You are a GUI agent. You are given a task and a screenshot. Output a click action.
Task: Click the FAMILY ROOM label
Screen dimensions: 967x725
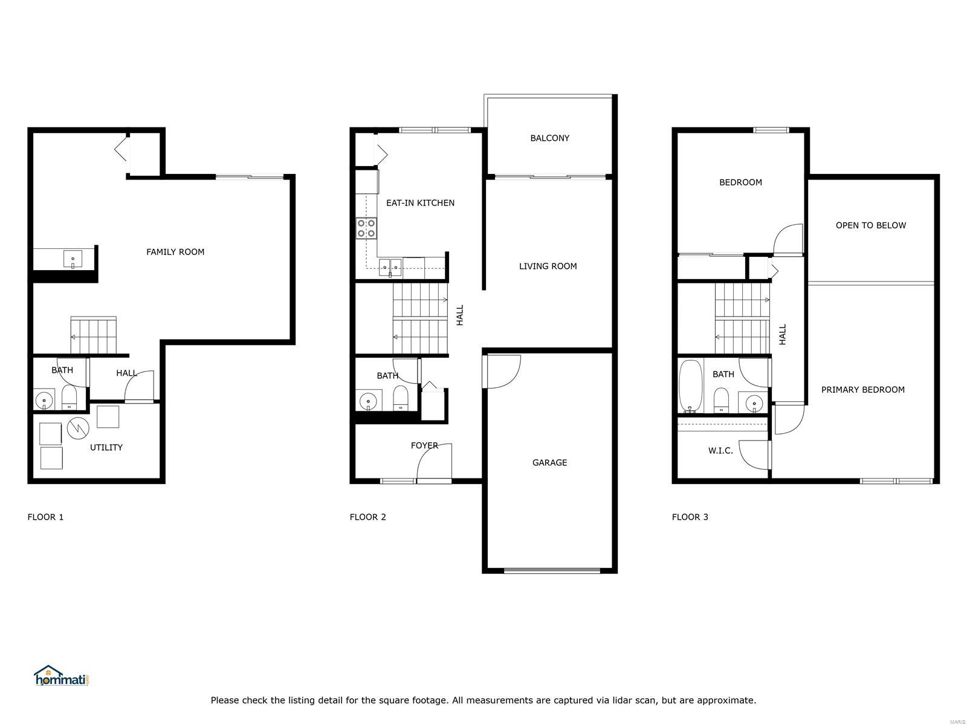175,252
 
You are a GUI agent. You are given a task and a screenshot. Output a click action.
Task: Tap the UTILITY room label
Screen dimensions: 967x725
106,447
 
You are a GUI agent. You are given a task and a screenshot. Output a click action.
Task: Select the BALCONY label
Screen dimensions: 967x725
549,138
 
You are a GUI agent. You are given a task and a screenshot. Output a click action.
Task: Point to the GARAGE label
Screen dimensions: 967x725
549,462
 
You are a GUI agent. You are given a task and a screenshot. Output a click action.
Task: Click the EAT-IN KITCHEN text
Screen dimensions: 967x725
420,203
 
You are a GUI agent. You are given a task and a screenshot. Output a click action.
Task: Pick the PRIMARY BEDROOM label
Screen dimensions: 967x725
862,390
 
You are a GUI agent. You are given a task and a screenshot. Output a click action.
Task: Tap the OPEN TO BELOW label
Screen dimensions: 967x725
870,225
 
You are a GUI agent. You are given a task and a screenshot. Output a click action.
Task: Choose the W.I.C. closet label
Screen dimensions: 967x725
720,450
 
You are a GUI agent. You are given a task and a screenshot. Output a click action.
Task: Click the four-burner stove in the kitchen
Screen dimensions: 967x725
366,228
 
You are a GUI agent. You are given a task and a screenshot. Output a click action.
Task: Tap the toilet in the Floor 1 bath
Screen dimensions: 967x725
69,397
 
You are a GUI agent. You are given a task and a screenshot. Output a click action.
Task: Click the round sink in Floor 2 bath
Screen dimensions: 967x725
368,401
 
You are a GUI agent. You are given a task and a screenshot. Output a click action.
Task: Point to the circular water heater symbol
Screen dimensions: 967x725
78,427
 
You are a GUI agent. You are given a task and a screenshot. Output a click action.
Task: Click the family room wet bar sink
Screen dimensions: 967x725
73,259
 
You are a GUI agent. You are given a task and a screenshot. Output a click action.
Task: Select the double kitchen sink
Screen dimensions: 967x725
390,268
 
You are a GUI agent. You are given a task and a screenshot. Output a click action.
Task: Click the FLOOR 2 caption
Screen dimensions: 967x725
367,517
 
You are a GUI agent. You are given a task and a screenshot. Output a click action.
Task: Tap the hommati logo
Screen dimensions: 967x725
61,675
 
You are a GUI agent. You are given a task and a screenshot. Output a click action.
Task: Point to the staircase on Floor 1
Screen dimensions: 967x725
94,335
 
